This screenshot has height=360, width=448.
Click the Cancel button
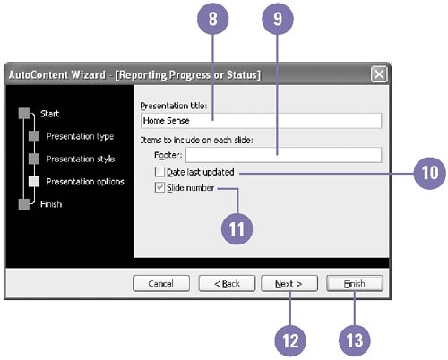[x=161, y=283]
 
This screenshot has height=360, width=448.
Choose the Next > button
[x=289, y=283]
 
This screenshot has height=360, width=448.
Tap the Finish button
[x=355, y=283]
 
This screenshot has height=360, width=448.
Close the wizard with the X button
[x=379, y=74]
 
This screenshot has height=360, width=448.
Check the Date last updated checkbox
[x=159, y=172]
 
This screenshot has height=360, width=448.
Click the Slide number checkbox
[x=159, y=187]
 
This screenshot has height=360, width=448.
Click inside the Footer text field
[x=283, y=155]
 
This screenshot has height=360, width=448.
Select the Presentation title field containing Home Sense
[x=261, y=121]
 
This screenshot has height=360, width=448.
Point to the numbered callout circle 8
[x=212, y=19]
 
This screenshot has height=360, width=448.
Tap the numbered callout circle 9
[x=278, y=19]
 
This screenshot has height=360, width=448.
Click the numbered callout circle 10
[x=430, y=173]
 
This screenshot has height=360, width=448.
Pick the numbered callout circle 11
[x=237, y=228]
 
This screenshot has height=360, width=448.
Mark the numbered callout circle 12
[x=290, y=340]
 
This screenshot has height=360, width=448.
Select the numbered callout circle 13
[x=355, y=340]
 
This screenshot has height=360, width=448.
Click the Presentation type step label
[x=80, y=136]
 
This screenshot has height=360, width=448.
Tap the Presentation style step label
[x=81, y=159]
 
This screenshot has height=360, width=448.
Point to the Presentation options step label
[x=85, y=182]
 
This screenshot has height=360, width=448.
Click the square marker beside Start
[x=24, y=114]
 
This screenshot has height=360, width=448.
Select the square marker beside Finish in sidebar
[x=24, y=204]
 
